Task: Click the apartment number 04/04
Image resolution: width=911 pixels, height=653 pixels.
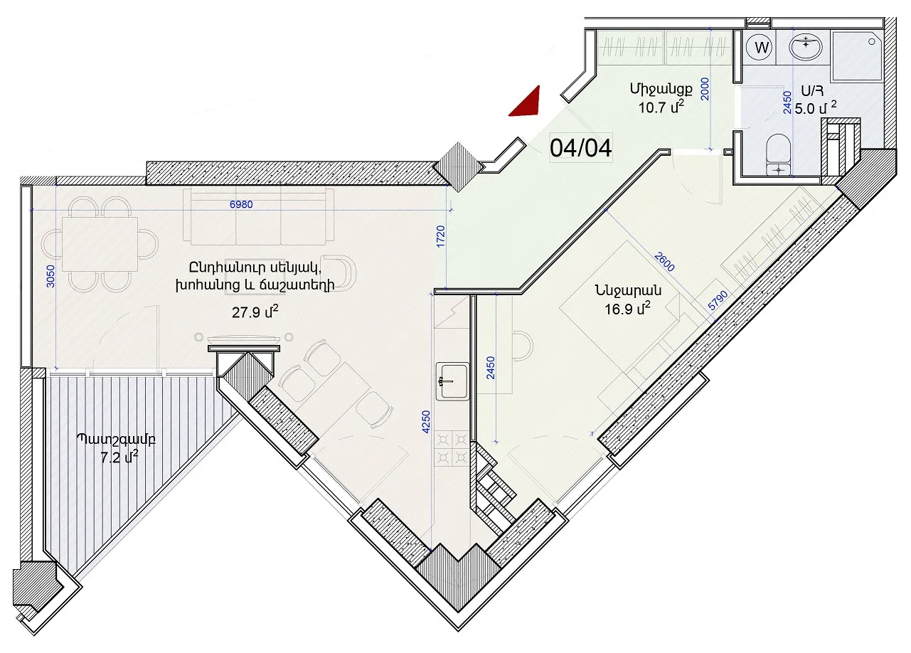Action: [580, 148]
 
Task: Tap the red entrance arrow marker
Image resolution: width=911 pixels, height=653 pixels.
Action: [528, 104]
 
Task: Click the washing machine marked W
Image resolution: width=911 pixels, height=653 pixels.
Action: [762, 48]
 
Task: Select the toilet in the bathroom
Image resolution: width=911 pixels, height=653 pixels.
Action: [777, 154]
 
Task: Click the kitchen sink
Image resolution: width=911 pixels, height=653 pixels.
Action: [452, 381]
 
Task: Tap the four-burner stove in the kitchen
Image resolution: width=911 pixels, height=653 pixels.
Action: [452, 449]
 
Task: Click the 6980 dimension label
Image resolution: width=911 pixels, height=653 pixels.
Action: [241, 204]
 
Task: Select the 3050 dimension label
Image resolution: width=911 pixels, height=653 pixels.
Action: [50, 277]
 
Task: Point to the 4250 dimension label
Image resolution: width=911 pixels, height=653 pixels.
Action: [425, 422]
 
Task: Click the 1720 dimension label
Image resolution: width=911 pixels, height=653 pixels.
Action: [441, 237]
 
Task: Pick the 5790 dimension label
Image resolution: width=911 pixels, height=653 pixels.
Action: [718, 300]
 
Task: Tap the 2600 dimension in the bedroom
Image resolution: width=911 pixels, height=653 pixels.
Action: [664, 261]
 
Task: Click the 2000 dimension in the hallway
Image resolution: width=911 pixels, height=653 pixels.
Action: [705, 89]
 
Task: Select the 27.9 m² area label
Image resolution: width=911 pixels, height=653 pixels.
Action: [255, 312]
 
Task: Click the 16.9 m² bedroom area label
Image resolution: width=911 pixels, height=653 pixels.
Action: [627, 309]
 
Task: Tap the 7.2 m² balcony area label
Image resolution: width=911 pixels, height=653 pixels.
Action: [119, 457]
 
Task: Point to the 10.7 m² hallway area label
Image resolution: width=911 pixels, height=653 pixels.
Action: [661, 107]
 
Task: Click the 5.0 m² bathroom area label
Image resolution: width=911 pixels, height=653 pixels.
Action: [816, 109]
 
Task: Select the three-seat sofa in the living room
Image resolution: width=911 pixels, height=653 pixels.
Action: [259, 216]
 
